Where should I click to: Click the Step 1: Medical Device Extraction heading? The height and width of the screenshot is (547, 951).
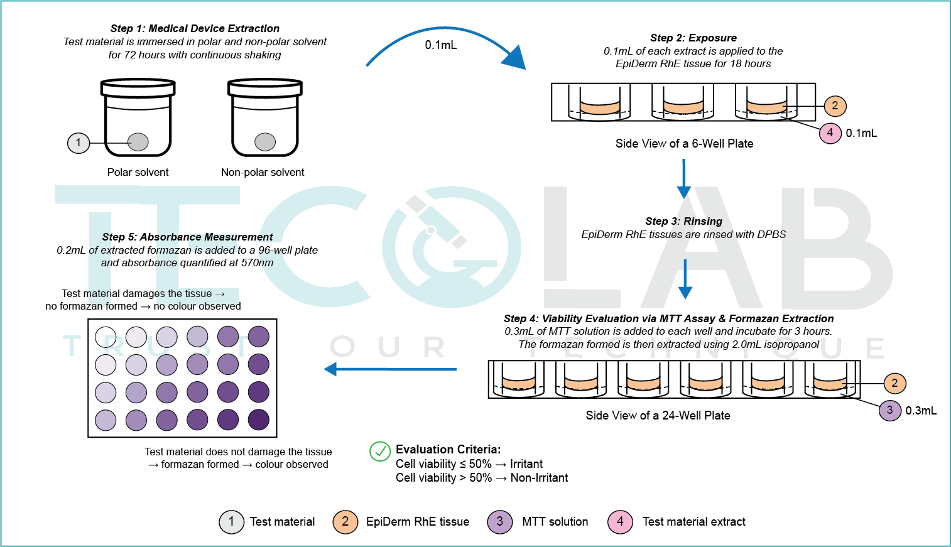click(195, 28)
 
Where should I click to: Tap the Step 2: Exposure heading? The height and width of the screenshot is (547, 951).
click(693, 38)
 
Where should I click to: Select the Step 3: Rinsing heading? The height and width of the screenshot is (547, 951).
click(683, 221)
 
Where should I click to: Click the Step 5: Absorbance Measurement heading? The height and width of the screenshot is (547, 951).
click(187, 237)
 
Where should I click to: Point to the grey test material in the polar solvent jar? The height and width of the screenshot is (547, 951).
click(138, 142)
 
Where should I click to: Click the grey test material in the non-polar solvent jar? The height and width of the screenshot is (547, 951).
click(265, 142)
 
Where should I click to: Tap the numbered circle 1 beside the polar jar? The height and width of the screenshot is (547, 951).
click(79, 143)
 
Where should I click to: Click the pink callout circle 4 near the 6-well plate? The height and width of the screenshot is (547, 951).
click(830, 133)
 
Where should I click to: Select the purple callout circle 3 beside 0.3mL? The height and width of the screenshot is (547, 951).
click(889, 410)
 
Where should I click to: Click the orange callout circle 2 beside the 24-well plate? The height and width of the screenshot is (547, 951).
click(894, 383)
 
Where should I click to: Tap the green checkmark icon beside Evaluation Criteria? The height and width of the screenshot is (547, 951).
click(379, 451)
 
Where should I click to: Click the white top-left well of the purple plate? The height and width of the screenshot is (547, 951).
click(106, 337)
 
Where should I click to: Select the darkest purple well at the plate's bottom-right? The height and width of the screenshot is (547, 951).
click(259, 420)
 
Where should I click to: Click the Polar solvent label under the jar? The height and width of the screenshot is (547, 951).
click(138, 172)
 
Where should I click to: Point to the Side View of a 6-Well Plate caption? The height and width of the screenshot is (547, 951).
click(684, 143)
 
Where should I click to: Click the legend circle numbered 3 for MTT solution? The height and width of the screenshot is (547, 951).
click(500, 522)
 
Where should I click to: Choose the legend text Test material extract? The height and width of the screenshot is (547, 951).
click(693, 522)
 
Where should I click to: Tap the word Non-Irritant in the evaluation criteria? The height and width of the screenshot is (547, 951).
click(539, 478)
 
